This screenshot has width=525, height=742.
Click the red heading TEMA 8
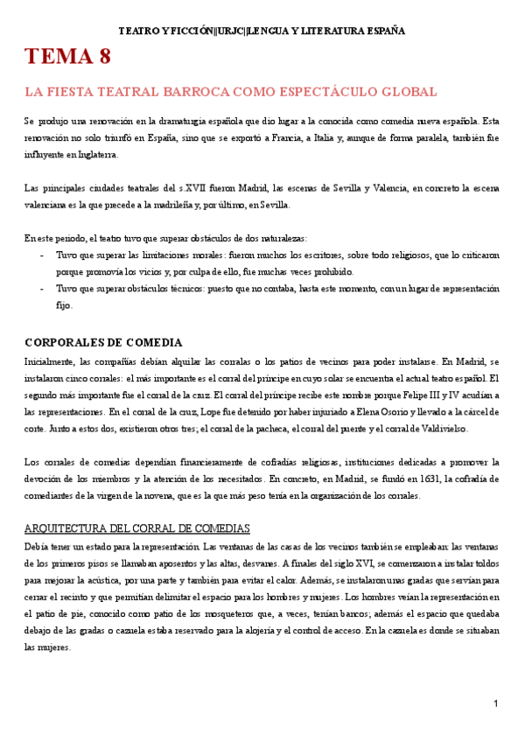[67, 59]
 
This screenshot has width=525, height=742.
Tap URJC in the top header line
[229, 31]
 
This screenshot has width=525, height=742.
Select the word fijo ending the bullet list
[65, 305]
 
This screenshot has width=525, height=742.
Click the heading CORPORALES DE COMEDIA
[91, 342]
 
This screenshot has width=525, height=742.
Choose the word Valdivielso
[442, 428]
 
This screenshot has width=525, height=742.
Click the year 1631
[395, 479]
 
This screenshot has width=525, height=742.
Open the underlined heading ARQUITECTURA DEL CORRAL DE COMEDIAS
[137, 528]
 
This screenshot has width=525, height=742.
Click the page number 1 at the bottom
[495, 703]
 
